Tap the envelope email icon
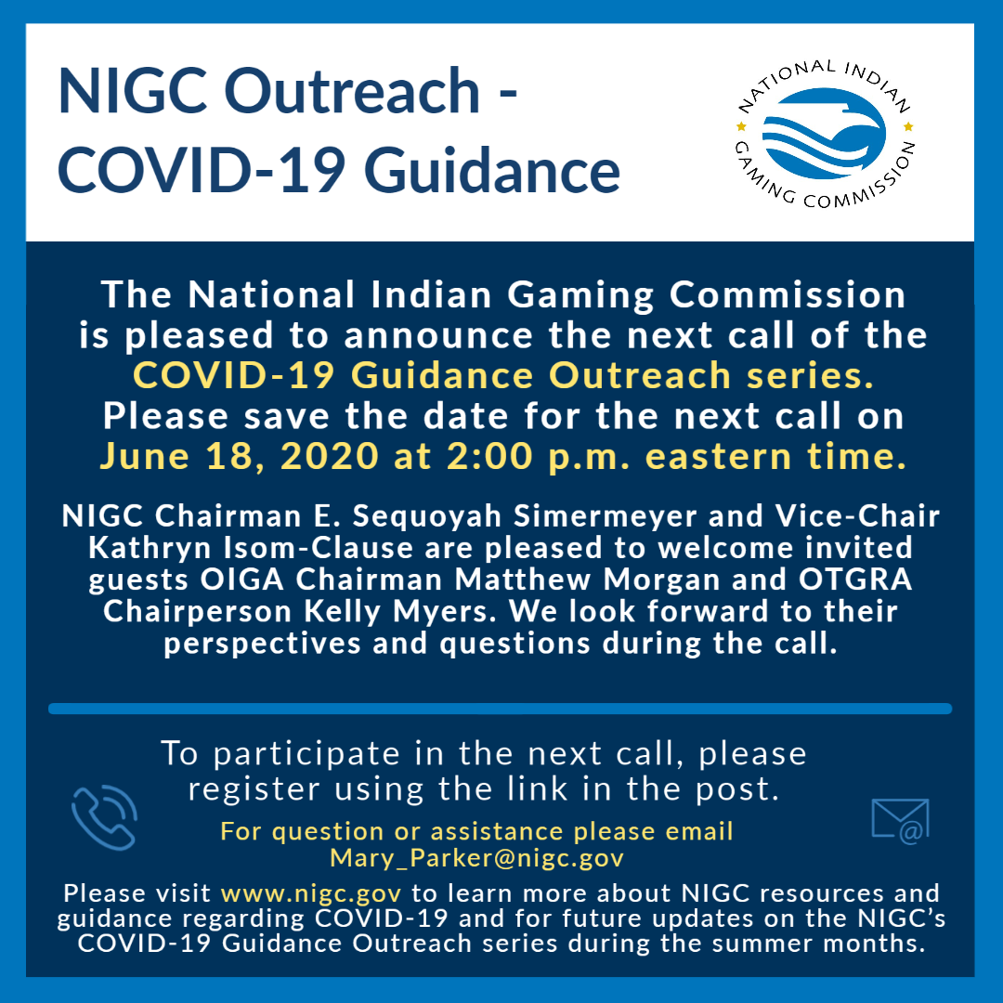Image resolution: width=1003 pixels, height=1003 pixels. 900,821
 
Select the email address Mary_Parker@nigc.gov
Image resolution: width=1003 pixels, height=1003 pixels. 476,858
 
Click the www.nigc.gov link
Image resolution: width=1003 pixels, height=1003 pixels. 311,893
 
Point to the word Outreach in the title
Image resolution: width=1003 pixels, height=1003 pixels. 352,91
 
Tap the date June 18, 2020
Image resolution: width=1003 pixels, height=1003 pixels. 240,456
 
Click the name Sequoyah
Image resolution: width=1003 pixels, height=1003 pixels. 426,515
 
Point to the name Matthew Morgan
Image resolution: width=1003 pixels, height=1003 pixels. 587,580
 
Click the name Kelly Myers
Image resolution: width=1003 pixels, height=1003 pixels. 399,611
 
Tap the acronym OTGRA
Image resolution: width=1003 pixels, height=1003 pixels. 855,580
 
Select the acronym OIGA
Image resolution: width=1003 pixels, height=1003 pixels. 241,580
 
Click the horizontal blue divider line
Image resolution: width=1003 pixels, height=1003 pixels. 501,709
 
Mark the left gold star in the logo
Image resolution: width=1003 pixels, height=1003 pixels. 741,126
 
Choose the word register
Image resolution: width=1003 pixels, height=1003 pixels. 254,790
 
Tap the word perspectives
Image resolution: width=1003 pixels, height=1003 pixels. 262,645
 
